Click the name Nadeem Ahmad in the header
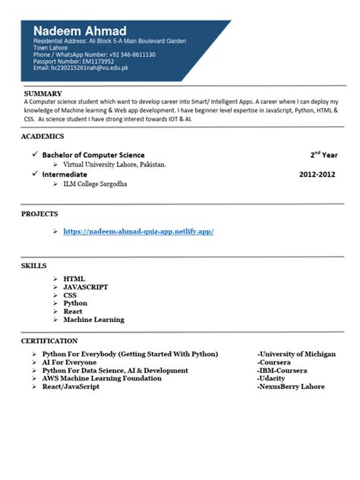pyautogui.click(x=79, y=30)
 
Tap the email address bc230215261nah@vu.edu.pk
pyautogui.click(x=90, y=68)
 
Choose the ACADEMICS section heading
pyautogui.click(x=43, y=137)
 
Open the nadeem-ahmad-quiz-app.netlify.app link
pyautogui.click(x=138, y=231)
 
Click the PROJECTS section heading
pyautogui.click(x=40, y=215)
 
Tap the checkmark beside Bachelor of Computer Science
pyautogui.click(x=34, y=154)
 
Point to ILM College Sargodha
pyautogui.click(x=96, y=184)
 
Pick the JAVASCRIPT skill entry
pyautogui.click(x=86, y=287)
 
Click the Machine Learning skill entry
pyautogui.click(x=93, y=320)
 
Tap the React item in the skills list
pyautogui.click(x=74, y=311)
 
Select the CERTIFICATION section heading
pyautogui.click(x=49, y=341)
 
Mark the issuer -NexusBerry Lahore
pyautogui.click(x=291, y=387)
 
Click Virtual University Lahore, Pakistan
pyautogui.click(x=115, y=164)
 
